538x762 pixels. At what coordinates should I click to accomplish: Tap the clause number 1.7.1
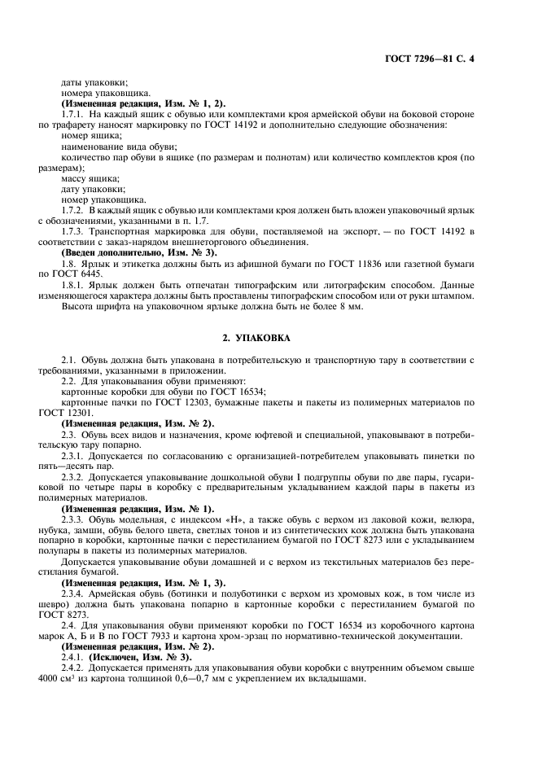pos(73,114)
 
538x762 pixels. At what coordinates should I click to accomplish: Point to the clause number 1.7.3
pos(73,231)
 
